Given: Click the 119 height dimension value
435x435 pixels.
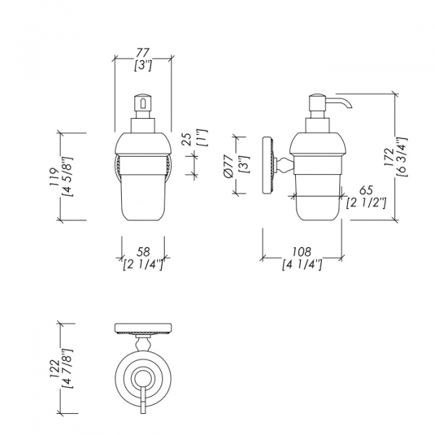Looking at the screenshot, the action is coord(54,177).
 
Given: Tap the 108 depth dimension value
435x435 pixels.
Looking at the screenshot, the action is coord(302,252).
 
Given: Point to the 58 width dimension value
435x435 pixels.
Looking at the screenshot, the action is coord(143,252).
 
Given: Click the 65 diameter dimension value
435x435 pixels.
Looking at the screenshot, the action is coord(366,191).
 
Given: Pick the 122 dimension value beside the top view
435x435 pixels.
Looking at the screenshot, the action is coord(54,369).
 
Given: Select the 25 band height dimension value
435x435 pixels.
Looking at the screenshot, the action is coord(188,139).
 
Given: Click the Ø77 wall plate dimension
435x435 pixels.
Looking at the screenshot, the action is coord(228,166).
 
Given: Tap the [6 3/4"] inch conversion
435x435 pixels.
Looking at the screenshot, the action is coord(402,157).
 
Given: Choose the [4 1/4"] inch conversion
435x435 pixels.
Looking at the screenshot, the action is coord(302,265).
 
